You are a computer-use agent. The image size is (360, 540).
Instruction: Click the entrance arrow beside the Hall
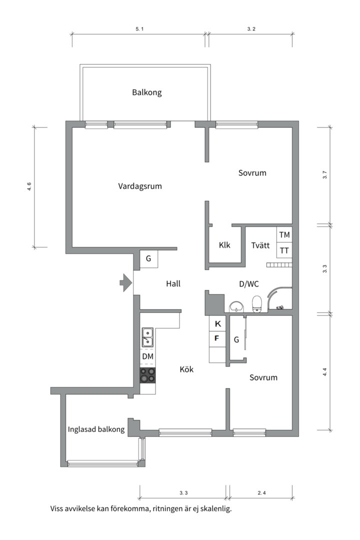[x=126, y=282]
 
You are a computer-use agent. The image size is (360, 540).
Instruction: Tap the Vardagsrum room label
[x=140, y=186]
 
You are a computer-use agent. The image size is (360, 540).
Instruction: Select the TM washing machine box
[x=284, y=234]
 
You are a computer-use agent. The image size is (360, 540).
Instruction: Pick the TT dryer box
[x=284, y=250]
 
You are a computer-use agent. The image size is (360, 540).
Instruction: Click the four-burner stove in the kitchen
[x=148, y=375]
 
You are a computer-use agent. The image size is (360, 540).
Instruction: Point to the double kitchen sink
[x=148, y=337]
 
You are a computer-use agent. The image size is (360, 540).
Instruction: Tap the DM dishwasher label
[x=148, y=356]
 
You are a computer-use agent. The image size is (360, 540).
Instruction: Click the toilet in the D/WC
[x=257, y=304]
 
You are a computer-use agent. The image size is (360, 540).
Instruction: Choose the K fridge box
[x=217, y=323]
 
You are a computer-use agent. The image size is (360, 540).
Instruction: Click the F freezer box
[x=217, y=339]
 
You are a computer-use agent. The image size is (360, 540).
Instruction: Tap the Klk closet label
[x=224, y=245]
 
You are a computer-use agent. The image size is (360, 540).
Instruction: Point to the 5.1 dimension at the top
[x=139, y=29]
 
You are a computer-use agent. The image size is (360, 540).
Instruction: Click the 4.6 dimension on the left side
[x=29, y=186]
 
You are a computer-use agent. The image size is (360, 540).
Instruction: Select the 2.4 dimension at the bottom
[x=262, y=493]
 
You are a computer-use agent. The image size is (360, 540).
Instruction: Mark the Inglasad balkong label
[x=96, y=429]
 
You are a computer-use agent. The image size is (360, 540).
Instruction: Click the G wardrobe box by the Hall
[x=149, y=258]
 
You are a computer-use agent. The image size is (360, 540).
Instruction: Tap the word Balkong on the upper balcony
[x=147, y=92]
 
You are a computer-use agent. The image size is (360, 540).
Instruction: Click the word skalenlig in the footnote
[x=216, y=508]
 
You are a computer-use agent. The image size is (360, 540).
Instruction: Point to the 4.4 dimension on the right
[x=324, y=372]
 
